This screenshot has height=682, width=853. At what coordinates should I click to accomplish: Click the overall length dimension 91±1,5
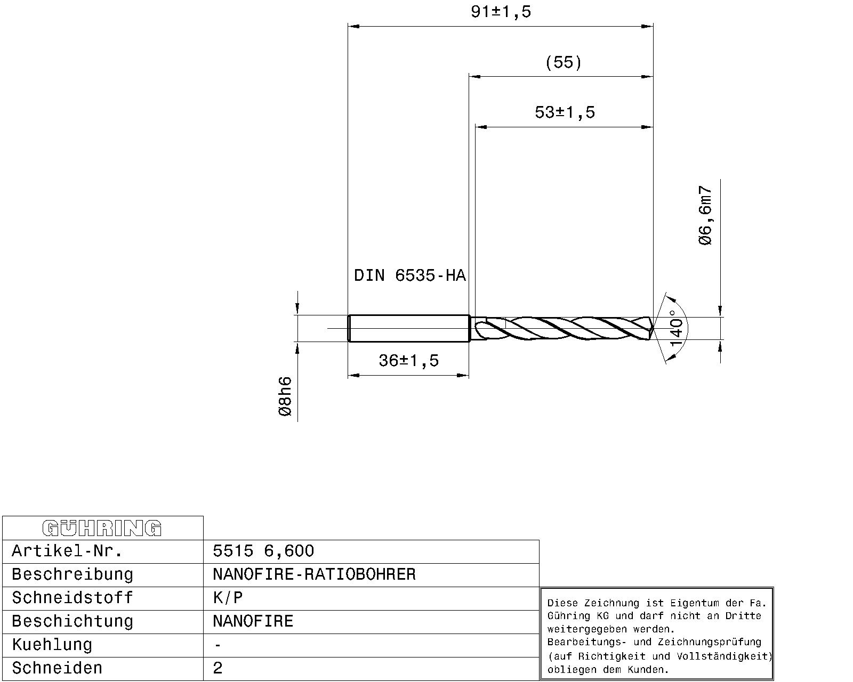click(501, 12)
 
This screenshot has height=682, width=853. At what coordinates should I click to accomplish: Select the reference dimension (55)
click(564, 62)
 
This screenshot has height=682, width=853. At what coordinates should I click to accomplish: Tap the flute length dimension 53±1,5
click(564, 112)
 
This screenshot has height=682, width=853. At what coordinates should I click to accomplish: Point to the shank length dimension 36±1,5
click(408, 361)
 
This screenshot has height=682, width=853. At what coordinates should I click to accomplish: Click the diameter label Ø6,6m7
click(705, 216)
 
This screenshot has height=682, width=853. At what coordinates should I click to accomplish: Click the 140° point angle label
click(675, 328)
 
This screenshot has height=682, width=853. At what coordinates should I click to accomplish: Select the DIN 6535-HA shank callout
click(409, 275)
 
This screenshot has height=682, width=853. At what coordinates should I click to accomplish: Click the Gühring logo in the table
click(102, 528)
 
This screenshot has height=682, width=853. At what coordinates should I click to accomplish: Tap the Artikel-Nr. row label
click(67, 551)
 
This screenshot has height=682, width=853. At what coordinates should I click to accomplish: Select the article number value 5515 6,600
click(263, 551)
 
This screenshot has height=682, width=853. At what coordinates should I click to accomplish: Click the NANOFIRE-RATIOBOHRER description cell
click(313, 574)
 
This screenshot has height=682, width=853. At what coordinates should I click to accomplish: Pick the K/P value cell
click(228, 598)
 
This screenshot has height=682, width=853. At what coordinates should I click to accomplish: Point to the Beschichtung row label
click(73, 621)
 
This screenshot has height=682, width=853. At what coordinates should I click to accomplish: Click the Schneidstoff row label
click(72, 598)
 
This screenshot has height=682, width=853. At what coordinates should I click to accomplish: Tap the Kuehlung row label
click(52, 645)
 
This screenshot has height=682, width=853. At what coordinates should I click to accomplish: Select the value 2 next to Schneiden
click(218, 668)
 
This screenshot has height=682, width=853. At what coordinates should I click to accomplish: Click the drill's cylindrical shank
click(408, 328)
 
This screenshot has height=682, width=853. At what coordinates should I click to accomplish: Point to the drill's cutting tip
click(651, 328)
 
